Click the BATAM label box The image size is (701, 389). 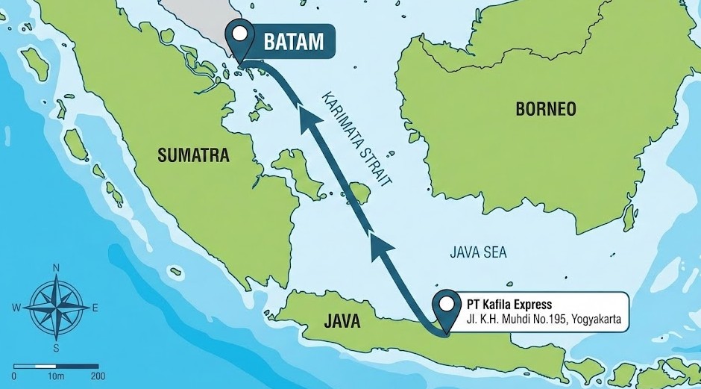(x=293, y=42)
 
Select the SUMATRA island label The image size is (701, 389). (x=194, y=155)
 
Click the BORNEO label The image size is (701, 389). (x=546, y=109)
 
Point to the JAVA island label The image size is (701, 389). (x=342, y=323)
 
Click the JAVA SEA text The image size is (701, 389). (x=478, y=252)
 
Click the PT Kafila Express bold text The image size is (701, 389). (x=509, y=305)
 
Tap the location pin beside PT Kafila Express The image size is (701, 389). (x=447, y=306)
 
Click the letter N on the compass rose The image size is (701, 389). (x=56, y=267)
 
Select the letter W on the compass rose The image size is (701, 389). (x=16, y=308)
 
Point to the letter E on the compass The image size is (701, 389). (x=95, y=308)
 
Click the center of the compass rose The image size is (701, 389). (x=56, y=307)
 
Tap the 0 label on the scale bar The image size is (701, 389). (x=14, y=376)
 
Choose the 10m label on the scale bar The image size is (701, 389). (x=55, y=376)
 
